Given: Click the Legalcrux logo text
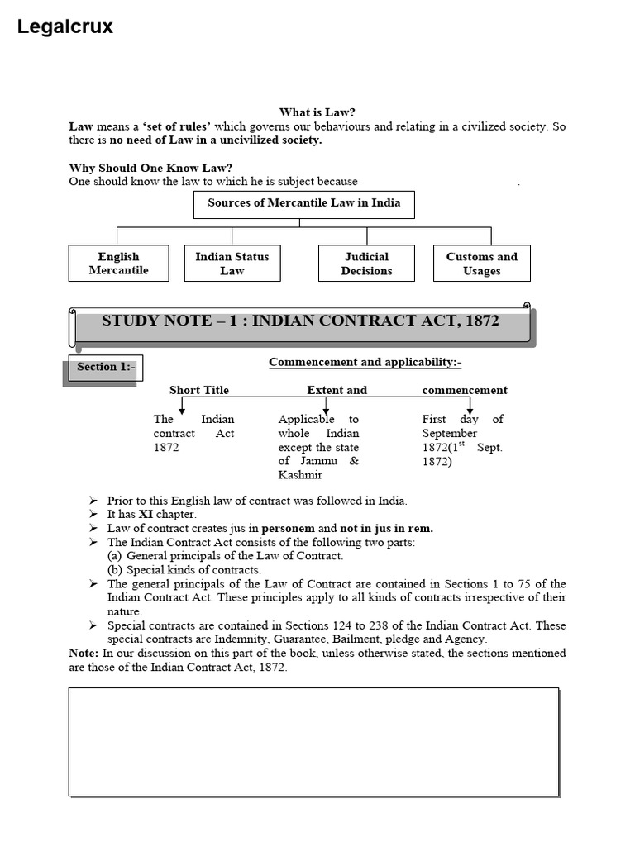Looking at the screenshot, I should (x=65, y=27).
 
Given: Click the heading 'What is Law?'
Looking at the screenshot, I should (x=317, y=112).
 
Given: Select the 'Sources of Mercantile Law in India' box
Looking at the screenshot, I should (x=303, y=203).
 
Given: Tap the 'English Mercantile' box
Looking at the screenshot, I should (x=118, y=264).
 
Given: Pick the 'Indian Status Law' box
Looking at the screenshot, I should (x=232, y=264).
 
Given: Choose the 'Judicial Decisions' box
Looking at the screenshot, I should (x=366, y=264).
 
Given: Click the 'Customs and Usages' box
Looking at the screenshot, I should (x=482, y=264).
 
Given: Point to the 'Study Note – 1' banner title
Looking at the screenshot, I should (x=300, y=321).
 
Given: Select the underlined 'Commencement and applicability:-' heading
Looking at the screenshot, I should (x=365, y=362).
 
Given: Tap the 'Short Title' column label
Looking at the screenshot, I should (x=199, y=390).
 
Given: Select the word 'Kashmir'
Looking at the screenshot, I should (x=300, y=475).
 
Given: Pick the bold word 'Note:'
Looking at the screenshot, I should (x=84, y=653).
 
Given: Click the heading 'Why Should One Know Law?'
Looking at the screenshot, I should (x=150, y=168).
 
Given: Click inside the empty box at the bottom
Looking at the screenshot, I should (x=313, y=741).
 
